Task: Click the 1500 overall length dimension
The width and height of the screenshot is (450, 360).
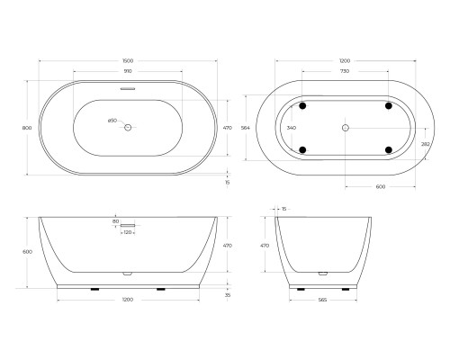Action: [128, 60]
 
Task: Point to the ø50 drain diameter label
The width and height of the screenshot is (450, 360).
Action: [112, 121]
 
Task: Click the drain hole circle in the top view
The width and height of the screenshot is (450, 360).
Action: [128, 128]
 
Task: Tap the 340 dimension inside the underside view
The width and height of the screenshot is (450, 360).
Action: [291, 128]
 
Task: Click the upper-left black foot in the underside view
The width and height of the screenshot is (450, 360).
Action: [302, 106]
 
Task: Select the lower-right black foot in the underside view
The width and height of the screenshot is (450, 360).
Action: [389, 149]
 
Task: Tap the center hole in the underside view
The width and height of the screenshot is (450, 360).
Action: [346, 128]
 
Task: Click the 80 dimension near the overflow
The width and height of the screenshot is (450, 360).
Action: [116, 220]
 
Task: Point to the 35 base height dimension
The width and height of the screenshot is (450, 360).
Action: [228, 294]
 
